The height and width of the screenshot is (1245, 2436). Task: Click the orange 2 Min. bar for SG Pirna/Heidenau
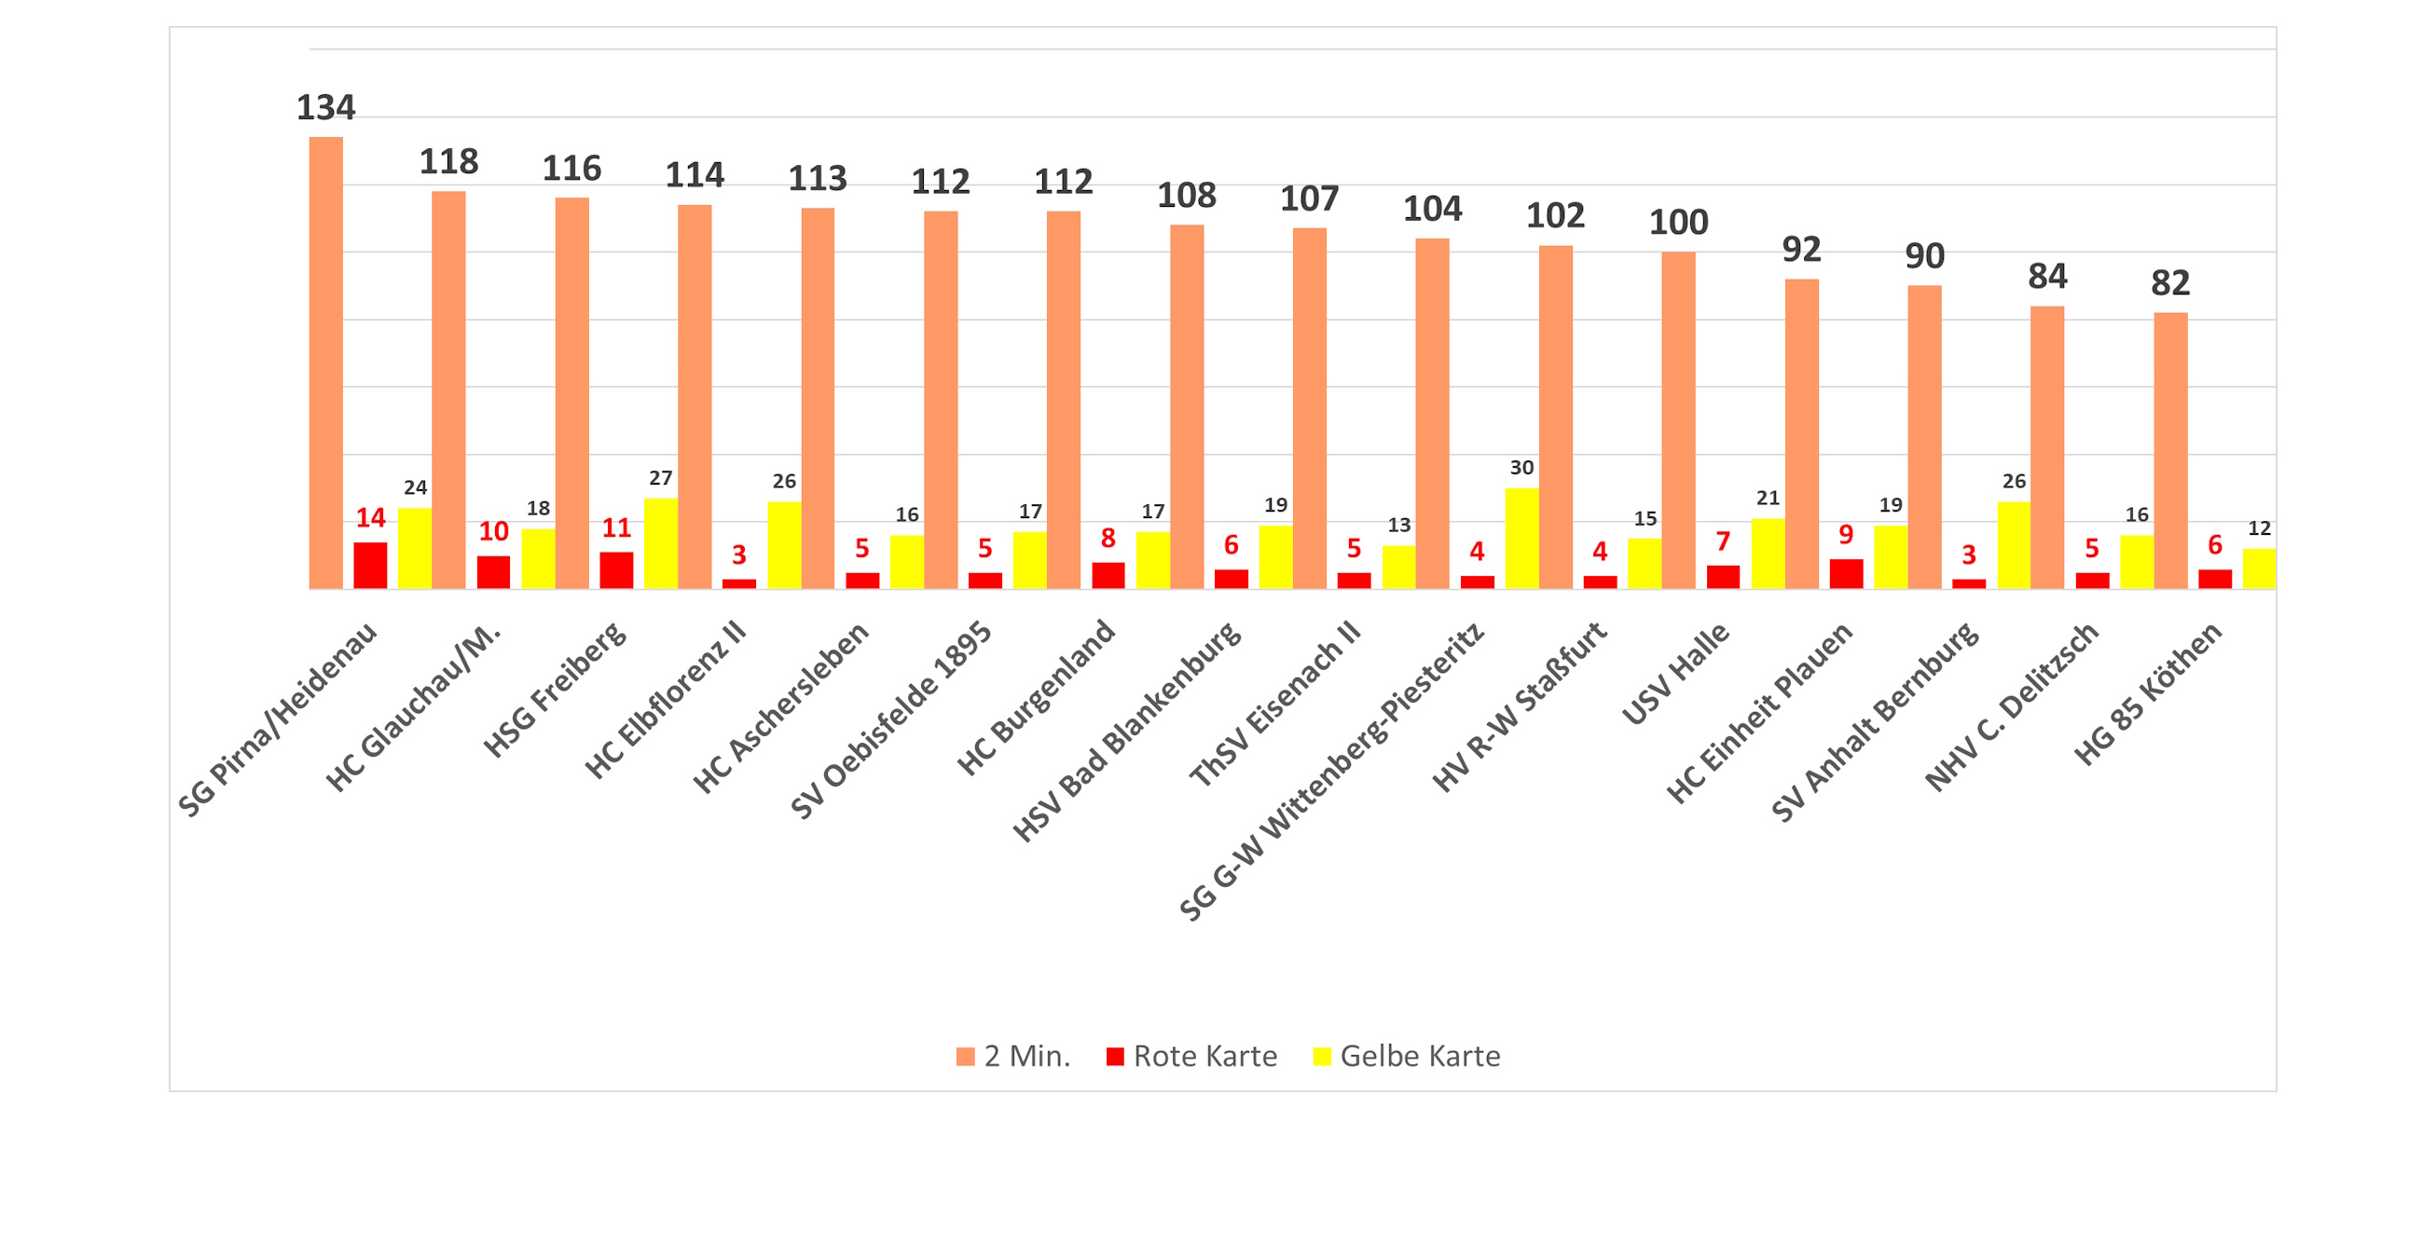click(x=326, y=363)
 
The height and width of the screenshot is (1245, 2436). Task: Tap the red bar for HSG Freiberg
click(x=616, y=570)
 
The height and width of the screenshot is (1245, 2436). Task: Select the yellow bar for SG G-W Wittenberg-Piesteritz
click(x=1521, y=538)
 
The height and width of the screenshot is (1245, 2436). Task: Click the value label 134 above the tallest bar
click(x=326, y=108)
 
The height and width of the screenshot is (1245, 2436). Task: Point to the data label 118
click(x=449, y=161)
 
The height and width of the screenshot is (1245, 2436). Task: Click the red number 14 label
click(x=371, y=518)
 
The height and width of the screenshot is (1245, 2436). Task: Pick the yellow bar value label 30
click(x=1521, y=468)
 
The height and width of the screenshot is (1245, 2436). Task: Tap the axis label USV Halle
click(x=1675, y=673)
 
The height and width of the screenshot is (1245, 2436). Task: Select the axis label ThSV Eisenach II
click(x=1273, y=705)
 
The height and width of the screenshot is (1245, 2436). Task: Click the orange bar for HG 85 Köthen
click(x=2170, y=451)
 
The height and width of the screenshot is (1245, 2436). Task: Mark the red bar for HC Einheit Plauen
click(x=1846, y=574)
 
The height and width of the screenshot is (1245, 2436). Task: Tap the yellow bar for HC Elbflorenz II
click(x=784, y=545)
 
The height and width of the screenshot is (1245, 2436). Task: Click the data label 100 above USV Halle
click(x=1678, y=222)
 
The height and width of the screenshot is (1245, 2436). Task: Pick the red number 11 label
click(x=616, y=527)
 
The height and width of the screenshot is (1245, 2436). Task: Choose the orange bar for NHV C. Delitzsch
click(x=2047, y=447)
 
